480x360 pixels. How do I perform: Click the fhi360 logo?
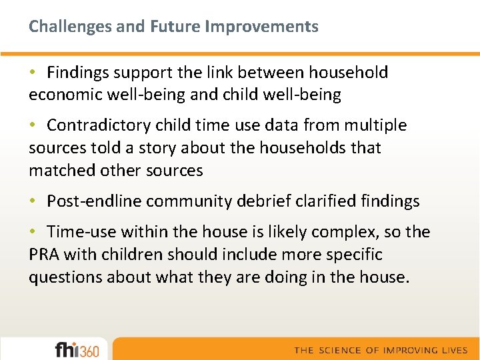click(77, 349)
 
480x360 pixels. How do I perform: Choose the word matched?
click(62, 171)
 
